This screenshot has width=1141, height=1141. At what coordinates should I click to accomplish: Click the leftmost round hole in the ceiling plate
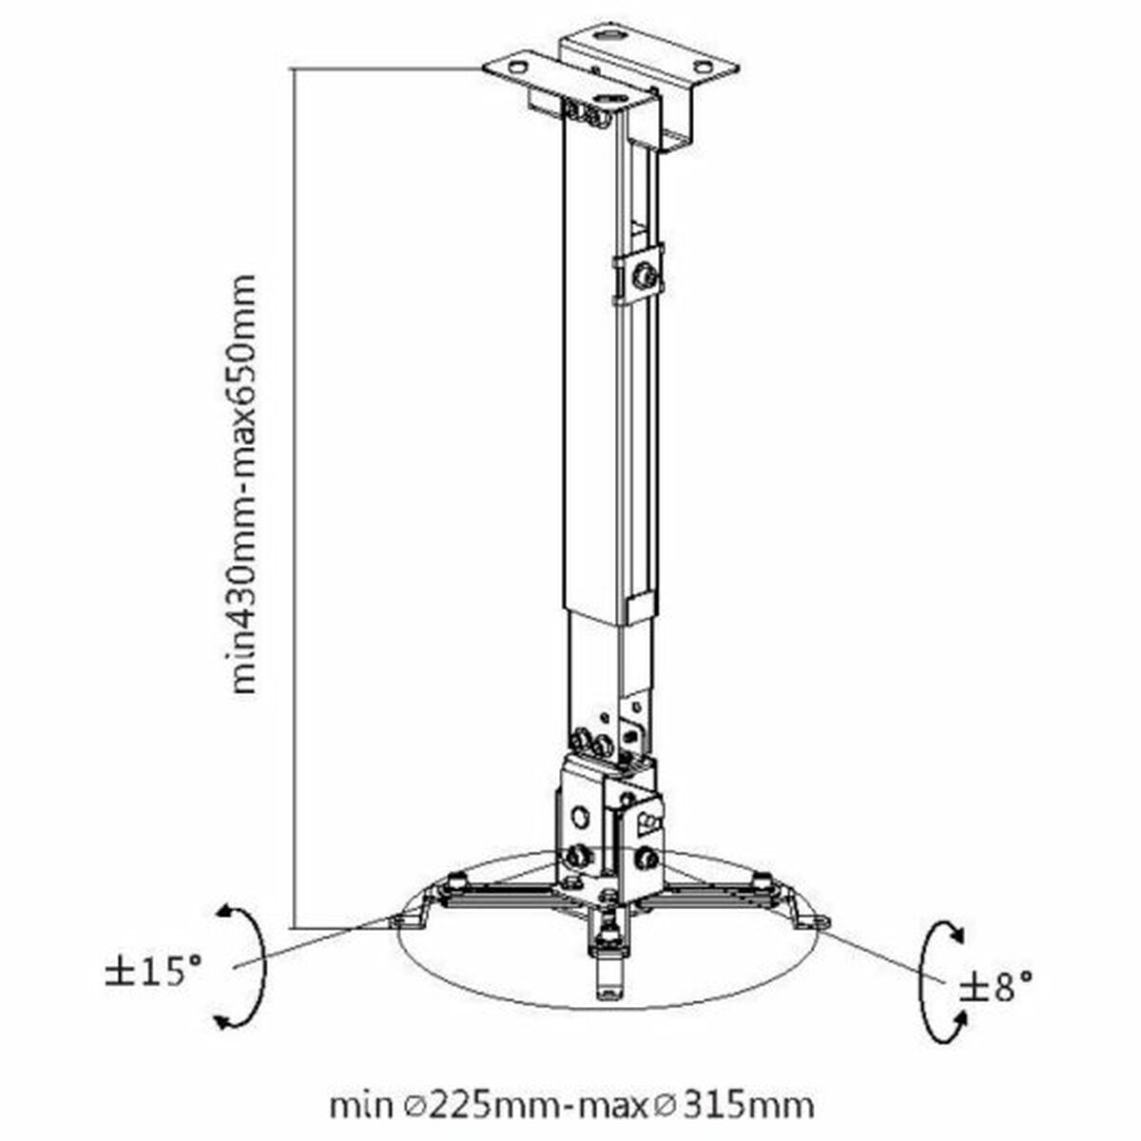517,67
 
